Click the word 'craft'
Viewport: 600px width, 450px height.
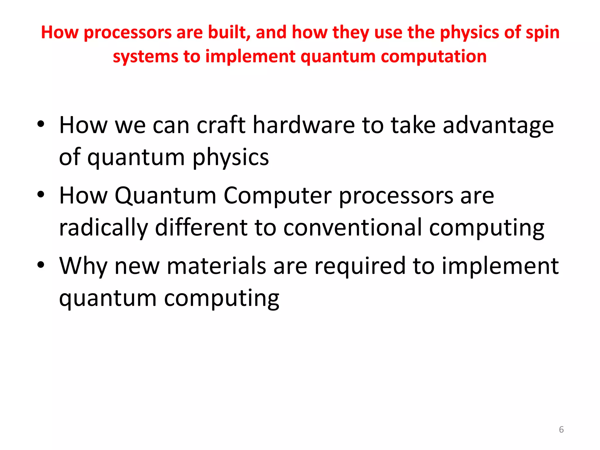click(x=221, y=125)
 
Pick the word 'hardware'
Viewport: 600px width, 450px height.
click(x=304, y=125)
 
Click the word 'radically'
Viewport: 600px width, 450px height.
click(x=103, y=228)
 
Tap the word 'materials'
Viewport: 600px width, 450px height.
click(x=216, y=266)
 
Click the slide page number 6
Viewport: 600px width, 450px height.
click(x=561, y=429)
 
